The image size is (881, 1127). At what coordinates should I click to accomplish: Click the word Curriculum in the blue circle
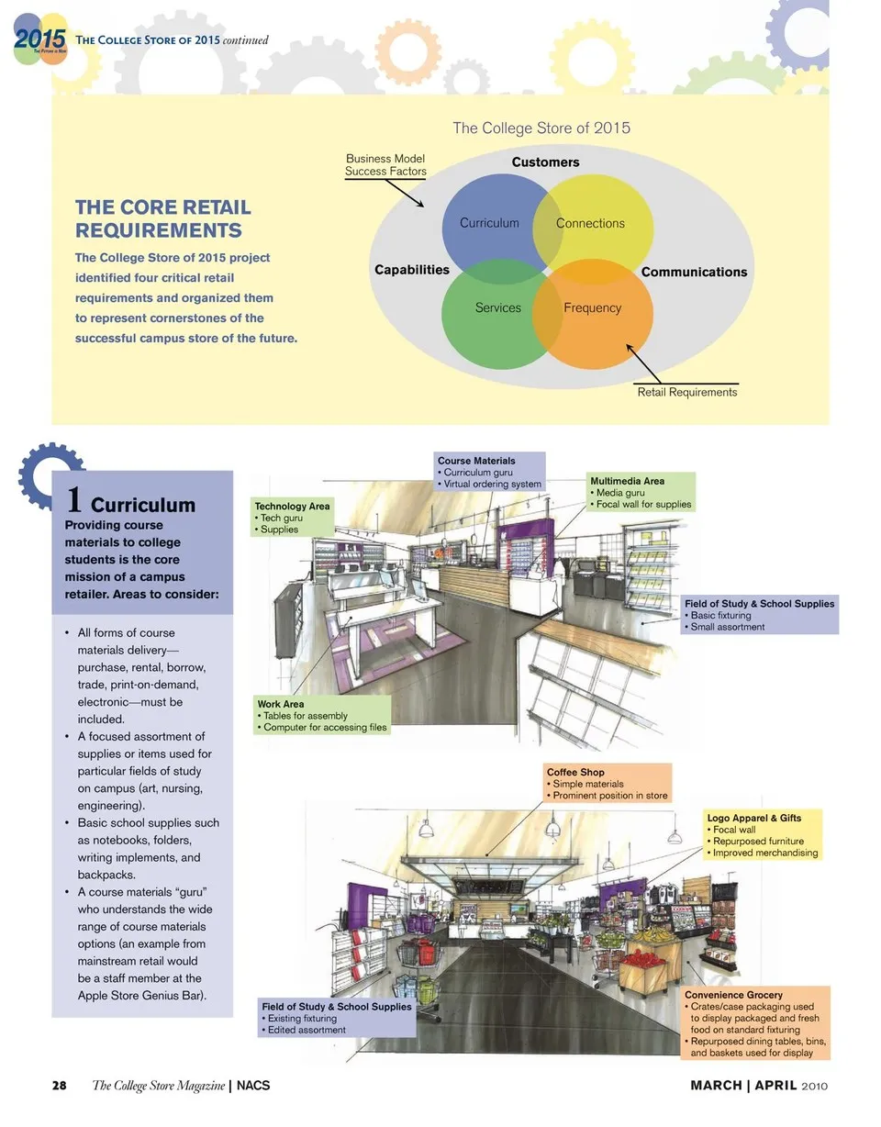pos(489,223)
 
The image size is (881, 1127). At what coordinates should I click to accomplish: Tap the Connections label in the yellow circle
pos(590,223)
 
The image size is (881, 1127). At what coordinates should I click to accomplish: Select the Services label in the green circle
pos(498,308)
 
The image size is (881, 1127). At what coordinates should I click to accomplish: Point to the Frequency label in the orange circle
pos(592,308)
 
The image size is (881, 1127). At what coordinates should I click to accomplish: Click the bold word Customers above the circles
pos(545,162)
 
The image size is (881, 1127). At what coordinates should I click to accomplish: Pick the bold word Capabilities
pos(412,270)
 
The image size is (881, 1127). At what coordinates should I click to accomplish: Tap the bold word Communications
pos(694,272)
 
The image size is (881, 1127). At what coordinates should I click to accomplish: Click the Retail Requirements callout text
pos(686,392)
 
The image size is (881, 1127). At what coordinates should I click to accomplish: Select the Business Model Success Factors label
pos(385,165)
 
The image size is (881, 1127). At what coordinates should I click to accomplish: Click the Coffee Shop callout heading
pos(575,773)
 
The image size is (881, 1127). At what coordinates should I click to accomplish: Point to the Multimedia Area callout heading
pos(627,481)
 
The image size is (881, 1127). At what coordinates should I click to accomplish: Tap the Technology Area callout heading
pos(292,507)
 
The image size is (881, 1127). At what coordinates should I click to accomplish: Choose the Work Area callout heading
pos(280,705)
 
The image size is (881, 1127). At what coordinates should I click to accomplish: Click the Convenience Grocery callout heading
pos(733,995)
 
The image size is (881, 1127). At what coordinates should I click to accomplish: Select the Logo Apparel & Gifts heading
pos(753,818)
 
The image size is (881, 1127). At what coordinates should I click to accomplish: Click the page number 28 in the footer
pos(59,1086)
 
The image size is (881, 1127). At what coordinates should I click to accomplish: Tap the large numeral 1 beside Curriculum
pos(75,501)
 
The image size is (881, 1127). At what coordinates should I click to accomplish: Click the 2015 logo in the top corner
pos(40,39)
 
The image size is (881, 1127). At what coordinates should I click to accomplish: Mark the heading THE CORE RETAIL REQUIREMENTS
pos(162,218)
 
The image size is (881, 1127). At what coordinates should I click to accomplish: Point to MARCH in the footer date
pos(716,1086)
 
